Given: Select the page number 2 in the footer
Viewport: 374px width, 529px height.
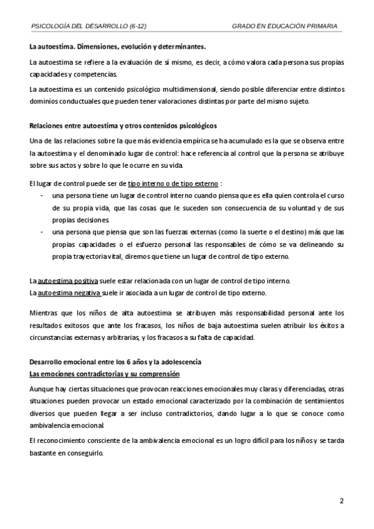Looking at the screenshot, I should pos(341,500).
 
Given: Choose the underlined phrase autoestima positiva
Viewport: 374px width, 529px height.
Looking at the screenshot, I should pos(68,279).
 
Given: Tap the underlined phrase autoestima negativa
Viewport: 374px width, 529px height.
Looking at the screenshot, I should pos(69,292).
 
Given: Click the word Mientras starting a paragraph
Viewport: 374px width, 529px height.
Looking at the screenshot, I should pos(46,313).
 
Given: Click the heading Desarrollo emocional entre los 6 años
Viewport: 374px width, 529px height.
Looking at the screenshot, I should pos(115,362).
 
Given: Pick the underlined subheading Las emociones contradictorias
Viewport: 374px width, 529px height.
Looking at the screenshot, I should pos(104,374).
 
